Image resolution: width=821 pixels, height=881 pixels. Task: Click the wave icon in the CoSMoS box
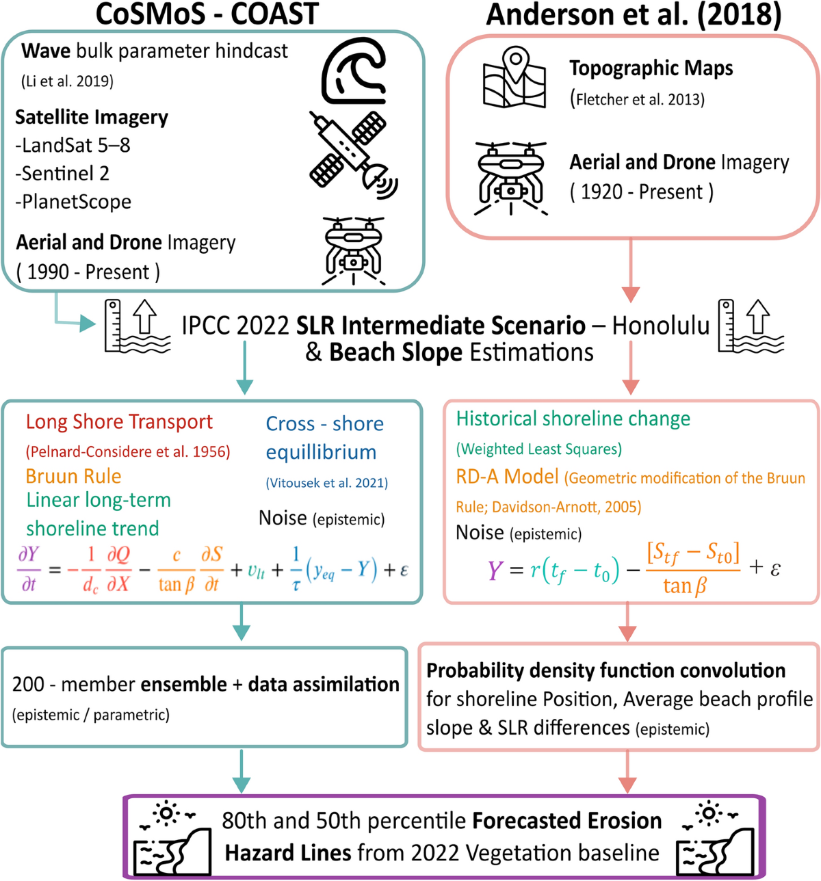353,70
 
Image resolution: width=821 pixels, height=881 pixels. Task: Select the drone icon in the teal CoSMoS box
353,250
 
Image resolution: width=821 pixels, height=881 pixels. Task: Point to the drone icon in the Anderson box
511,176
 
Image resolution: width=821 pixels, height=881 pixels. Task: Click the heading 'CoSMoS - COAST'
207,14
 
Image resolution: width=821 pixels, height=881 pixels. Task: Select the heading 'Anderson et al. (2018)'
634,15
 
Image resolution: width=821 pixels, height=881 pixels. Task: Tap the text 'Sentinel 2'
62,174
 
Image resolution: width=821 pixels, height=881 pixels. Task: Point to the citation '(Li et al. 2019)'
67,81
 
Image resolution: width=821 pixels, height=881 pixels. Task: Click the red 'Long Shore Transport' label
119,422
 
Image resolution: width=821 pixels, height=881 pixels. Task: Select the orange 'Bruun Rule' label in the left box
73,476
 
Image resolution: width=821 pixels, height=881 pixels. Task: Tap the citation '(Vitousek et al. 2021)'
326,483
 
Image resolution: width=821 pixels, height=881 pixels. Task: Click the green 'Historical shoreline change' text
573,419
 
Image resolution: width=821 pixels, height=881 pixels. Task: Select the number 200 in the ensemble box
28,685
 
